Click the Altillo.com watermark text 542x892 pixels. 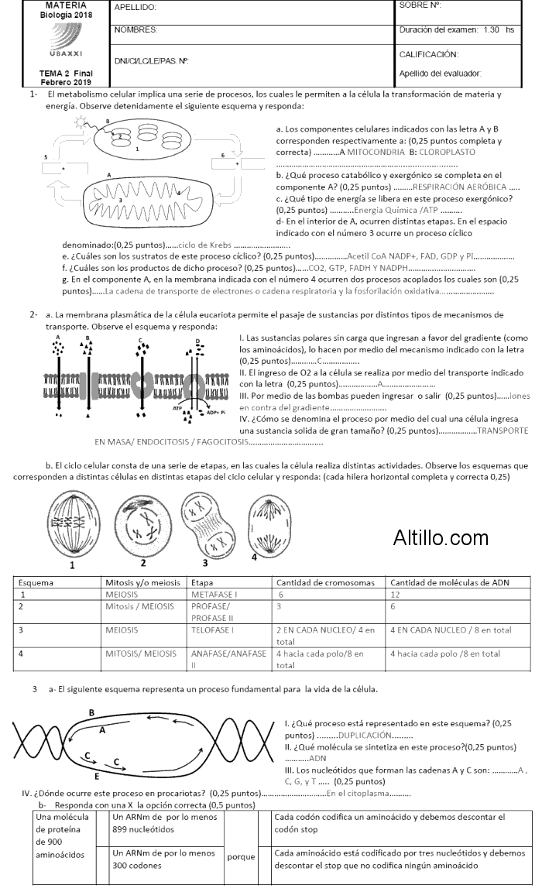441,537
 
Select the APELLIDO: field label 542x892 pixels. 135,7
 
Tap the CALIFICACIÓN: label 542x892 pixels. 428,55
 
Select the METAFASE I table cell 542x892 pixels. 215,594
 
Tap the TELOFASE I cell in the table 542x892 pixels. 214,630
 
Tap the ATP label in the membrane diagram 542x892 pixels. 177,406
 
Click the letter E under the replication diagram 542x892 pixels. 97,775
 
